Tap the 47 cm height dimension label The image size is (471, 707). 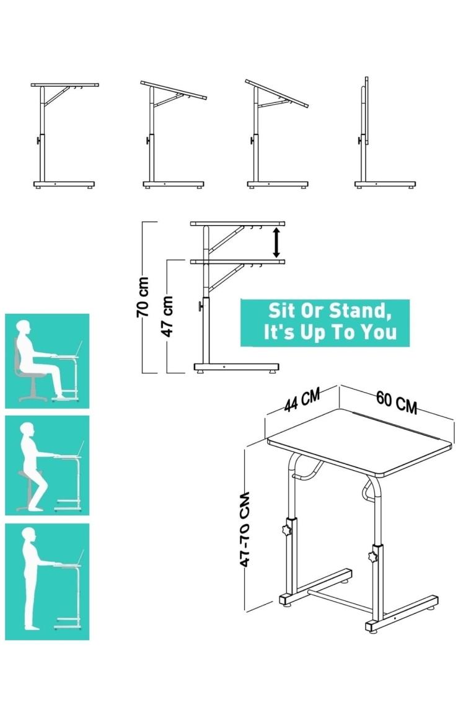point(167,316)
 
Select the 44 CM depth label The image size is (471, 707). point(302,400)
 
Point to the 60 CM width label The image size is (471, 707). point(397,402)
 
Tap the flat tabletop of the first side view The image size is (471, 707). point(65,85)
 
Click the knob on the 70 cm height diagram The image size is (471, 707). point(200,306)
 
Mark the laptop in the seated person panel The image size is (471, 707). point(77,349)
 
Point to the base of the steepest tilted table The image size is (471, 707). point(278,184)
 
